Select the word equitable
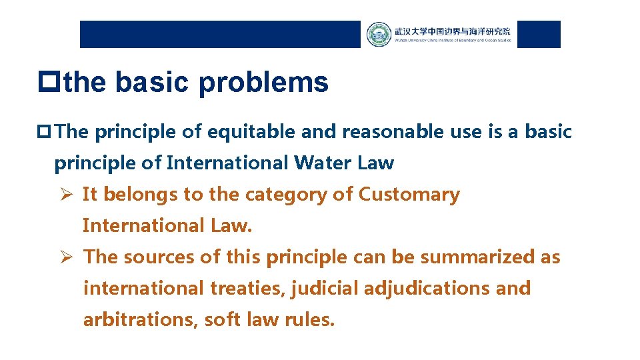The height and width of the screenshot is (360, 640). [x=252, y=132]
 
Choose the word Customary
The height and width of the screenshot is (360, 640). [x=409, y=195]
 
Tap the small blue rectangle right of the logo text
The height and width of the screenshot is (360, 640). [x=539, y=34]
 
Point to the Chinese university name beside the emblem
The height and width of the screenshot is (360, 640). [x=452, y=31]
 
